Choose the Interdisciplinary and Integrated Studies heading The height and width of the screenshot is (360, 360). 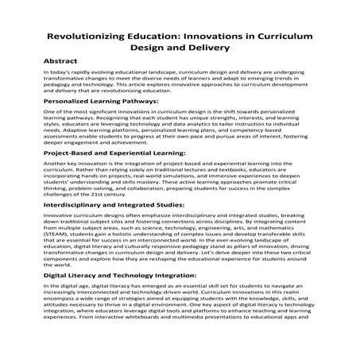click(112, 205)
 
